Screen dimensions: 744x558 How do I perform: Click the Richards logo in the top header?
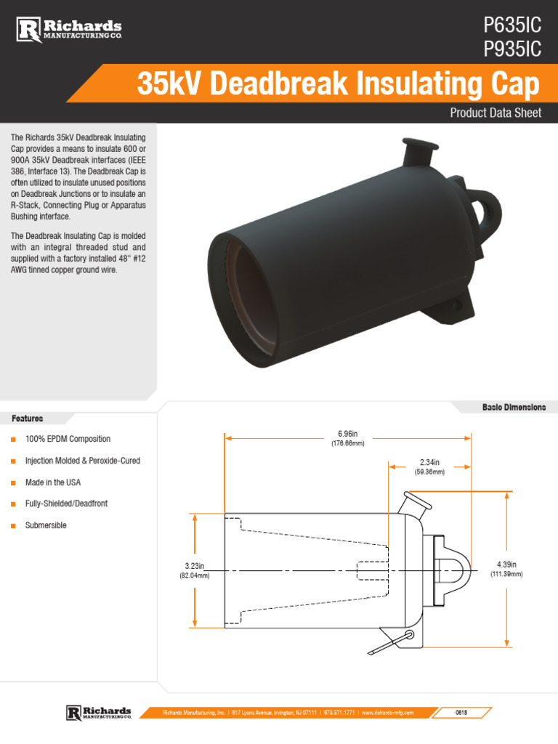70,30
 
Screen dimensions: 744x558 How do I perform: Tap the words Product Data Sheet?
496,113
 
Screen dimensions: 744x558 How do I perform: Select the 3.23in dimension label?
195,565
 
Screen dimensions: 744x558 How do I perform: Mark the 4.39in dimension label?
506,564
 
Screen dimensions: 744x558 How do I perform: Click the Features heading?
27,418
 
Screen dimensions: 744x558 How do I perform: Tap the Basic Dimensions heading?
514,407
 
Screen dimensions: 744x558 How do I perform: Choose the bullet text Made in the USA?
53,482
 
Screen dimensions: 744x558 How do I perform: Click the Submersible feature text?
46,525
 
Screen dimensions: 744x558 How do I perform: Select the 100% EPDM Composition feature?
68,440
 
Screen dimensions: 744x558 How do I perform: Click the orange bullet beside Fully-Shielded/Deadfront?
13,504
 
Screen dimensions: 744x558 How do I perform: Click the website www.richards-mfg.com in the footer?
387,713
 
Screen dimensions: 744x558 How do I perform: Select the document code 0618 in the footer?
461,713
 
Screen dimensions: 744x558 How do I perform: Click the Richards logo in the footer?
99,712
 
